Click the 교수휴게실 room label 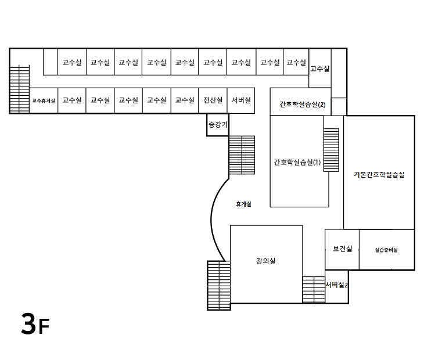(x=44, y=100)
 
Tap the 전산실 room (x=213, y=100)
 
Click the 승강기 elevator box (x=218, y=125)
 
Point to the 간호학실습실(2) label (x=302, y=105)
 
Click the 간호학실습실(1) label (x=297, y=163)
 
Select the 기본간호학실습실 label (x=379, y=174)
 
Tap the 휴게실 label (x=243, y=204)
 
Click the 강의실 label (x=265, y=261)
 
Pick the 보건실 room (x=342, y=249)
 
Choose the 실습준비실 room (x=386, y=250)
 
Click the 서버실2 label (x=337, y=285)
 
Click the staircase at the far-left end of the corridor (x=20, y=89)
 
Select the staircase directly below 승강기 (x=242, y=155)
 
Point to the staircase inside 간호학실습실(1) (x=331, y=150)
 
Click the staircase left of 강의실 (x=219, y=285)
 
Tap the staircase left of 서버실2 (x=314, y=289)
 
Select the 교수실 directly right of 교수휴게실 (x=72, y=100)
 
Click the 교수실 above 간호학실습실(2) (x=319, y=69)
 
